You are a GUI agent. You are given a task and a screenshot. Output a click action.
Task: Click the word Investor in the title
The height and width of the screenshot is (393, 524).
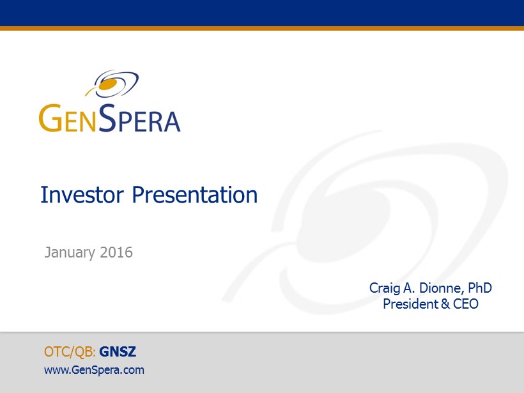[82, 194]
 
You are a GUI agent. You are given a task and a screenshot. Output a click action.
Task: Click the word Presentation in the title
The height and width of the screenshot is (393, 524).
[194, 194]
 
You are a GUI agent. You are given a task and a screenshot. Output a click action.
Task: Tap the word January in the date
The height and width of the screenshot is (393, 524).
[70, 252]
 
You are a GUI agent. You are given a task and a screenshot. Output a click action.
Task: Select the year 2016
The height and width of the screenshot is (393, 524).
[116, 252]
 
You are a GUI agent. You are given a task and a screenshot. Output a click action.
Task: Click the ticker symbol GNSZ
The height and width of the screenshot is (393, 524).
[118, 351]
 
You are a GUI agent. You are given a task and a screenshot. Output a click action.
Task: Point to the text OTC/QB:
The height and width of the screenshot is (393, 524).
[70, 352]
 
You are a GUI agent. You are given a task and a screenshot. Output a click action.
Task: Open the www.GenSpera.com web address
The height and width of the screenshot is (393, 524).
[94, 370]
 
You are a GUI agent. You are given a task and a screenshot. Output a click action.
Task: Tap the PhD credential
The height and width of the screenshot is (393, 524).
[479, 288]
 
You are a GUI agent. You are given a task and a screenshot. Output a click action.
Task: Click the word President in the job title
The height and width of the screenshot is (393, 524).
[411, 304]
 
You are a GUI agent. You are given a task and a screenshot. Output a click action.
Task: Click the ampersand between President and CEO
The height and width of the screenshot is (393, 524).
[445, 304]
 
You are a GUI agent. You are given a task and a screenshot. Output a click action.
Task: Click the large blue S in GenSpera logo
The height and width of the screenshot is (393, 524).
[107, 118]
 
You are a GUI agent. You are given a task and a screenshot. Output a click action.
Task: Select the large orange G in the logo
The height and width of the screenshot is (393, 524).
[50, 118]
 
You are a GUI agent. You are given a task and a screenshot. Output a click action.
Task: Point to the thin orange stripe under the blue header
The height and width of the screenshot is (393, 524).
[262, 28]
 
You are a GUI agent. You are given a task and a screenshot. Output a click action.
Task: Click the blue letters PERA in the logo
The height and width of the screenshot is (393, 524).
[149, 121]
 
